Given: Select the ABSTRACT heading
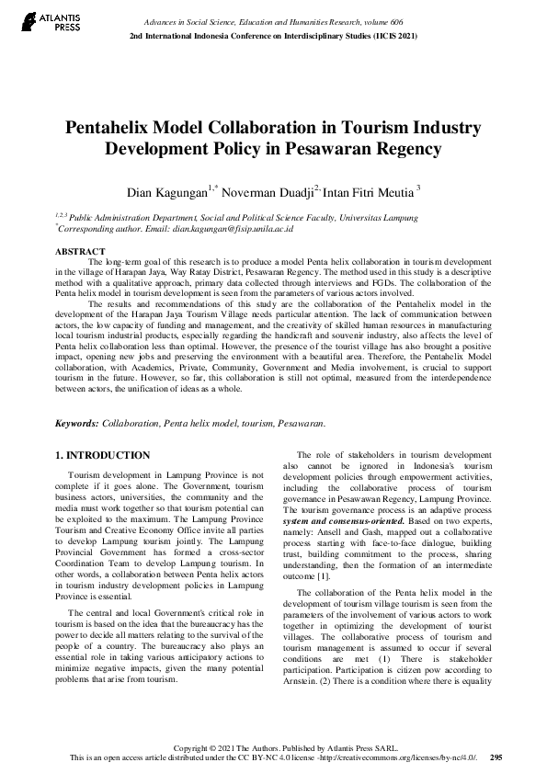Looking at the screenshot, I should (x=80, y=251).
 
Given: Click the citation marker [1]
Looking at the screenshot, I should (x=348, y=576).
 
